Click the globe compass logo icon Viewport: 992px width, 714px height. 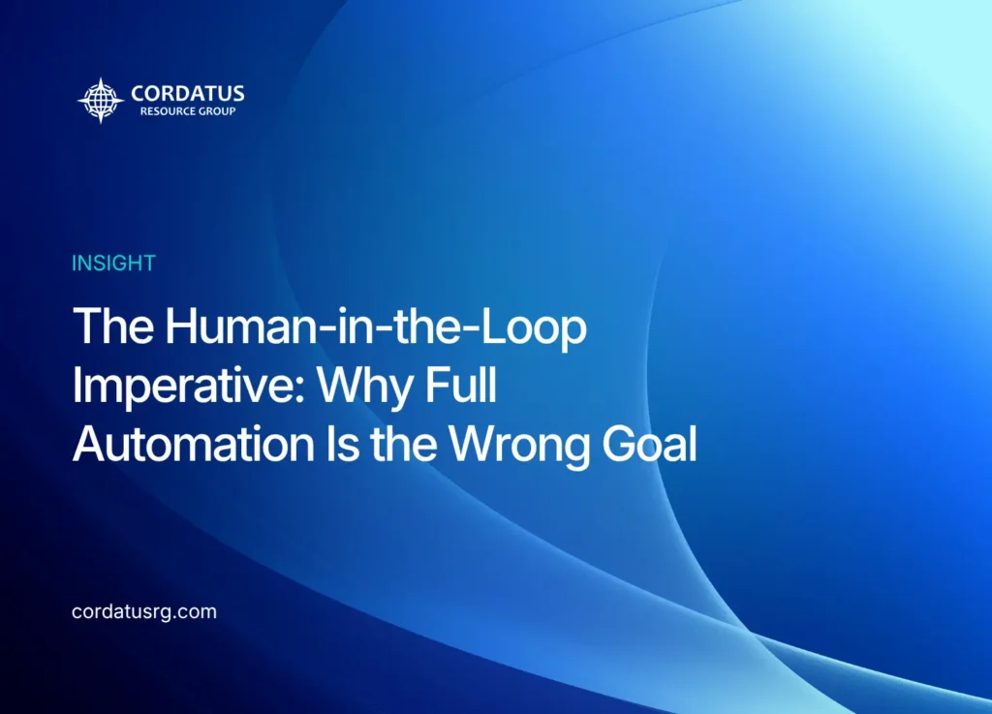(x=101, y=100)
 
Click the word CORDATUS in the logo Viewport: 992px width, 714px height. (x=187, y=94)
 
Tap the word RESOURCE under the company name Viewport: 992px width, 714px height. (x=168, y=111)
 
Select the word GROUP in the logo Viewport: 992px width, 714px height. (x=217, y=111)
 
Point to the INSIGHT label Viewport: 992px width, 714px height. (x=113, y=264)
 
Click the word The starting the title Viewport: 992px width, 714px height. (x=113, y=326)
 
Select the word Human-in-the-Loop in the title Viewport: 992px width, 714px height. (x=376, y=327)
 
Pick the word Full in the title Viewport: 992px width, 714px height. (x=460, y=385)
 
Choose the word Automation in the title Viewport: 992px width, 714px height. (x=193, y=444)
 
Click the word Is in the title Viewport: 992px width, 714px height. (x=342, y=444)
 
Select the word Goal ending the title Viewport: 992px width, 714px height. (x=649, y=444)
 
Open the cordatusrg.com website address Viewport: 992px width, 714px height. (x=144, y=612)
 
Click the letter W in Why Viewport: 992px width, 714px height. (x=344, y=385)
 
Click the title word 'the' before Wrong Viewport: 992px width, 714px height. (x=404, y=444)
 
